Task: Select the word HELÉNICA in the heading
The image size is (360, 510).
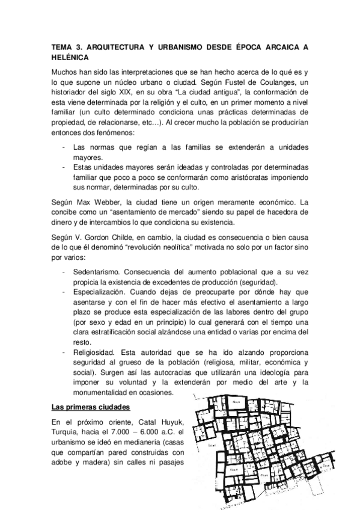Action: click(70, 57)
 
